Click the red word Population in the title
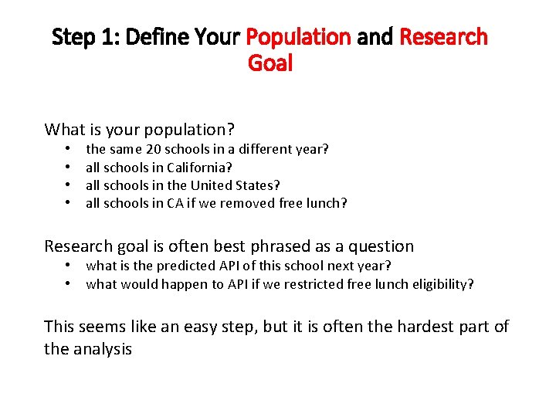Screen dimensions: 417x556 point(298,37)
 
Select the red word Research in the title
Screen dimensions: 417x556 point(443,37)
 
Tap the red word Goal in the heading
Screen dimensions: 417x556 point(270,63)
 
